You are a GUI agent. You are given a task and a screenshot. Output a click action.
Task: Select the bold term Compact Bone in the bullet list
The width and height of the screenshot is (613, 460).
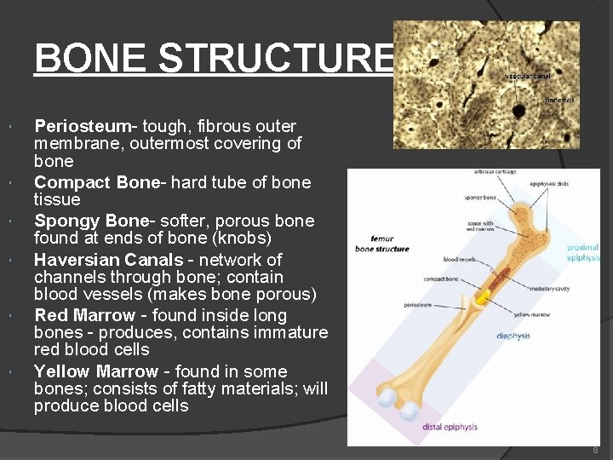(x=96, y=182)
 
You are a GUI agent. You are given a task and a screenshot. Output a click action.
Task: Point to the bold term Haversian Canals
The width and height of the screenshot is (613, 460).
(x=108, y=260)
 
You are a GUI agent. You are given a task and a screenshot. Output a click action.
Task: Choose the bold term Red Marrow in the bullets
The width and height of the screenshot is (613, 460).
(x=84, y=315)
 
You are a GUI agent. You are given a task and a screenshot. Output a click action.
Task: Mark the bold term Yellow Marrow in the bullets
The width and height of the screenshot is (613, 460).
(x=95, y=371)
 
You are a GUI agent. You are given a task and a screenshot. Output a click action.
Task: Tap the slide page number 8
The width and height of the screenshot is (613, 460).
(x=595, y=450)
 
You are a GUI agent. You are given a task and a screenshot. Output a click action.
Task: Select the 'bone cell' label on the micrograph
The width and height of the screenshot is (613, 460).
(x=559, y=101)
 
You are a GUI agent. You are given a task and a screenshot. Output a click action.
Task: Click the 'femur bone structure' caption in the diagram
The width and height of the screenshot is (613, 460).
(x=381, y=244)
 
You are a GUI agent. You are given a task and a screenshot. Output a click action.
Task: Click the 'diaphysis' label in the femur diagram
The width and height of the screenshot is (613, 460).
(x=513, y=336)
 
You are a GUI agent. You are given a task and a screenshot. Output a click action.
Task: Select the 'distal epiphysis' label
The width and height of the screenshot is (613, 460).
(x=450, y=427)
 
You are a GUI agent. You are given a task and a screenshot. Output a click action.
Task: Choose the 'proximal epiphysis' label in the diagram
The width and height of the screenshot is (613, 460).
(x=583, y=252)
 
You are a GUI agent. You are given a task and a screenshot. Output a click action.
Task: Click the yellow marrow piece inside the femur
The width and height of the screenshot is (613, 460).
(x=483, y=297)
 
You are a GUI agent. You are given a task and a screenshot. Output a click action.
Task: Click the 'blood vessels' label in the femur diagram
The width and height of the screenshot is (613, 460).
(x=461, y=259)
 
